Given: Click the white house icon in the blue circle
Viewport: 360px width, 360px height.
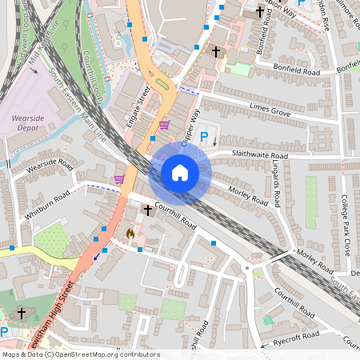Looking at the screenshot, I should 180,172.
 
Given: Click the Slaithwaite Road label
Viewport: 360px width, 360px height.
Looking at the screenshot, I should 247,155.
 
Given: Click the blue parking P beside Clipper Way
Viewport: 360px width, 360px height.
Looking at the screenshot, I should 203,137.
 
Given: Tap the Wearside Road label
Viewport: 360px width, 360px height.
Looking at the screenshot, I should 50,170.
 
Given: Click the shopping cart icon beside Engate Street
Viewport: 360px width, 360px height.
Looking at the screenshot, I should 164,124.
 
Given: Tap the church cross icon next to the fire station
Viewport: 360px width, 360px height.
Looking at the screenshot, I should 147,210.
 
